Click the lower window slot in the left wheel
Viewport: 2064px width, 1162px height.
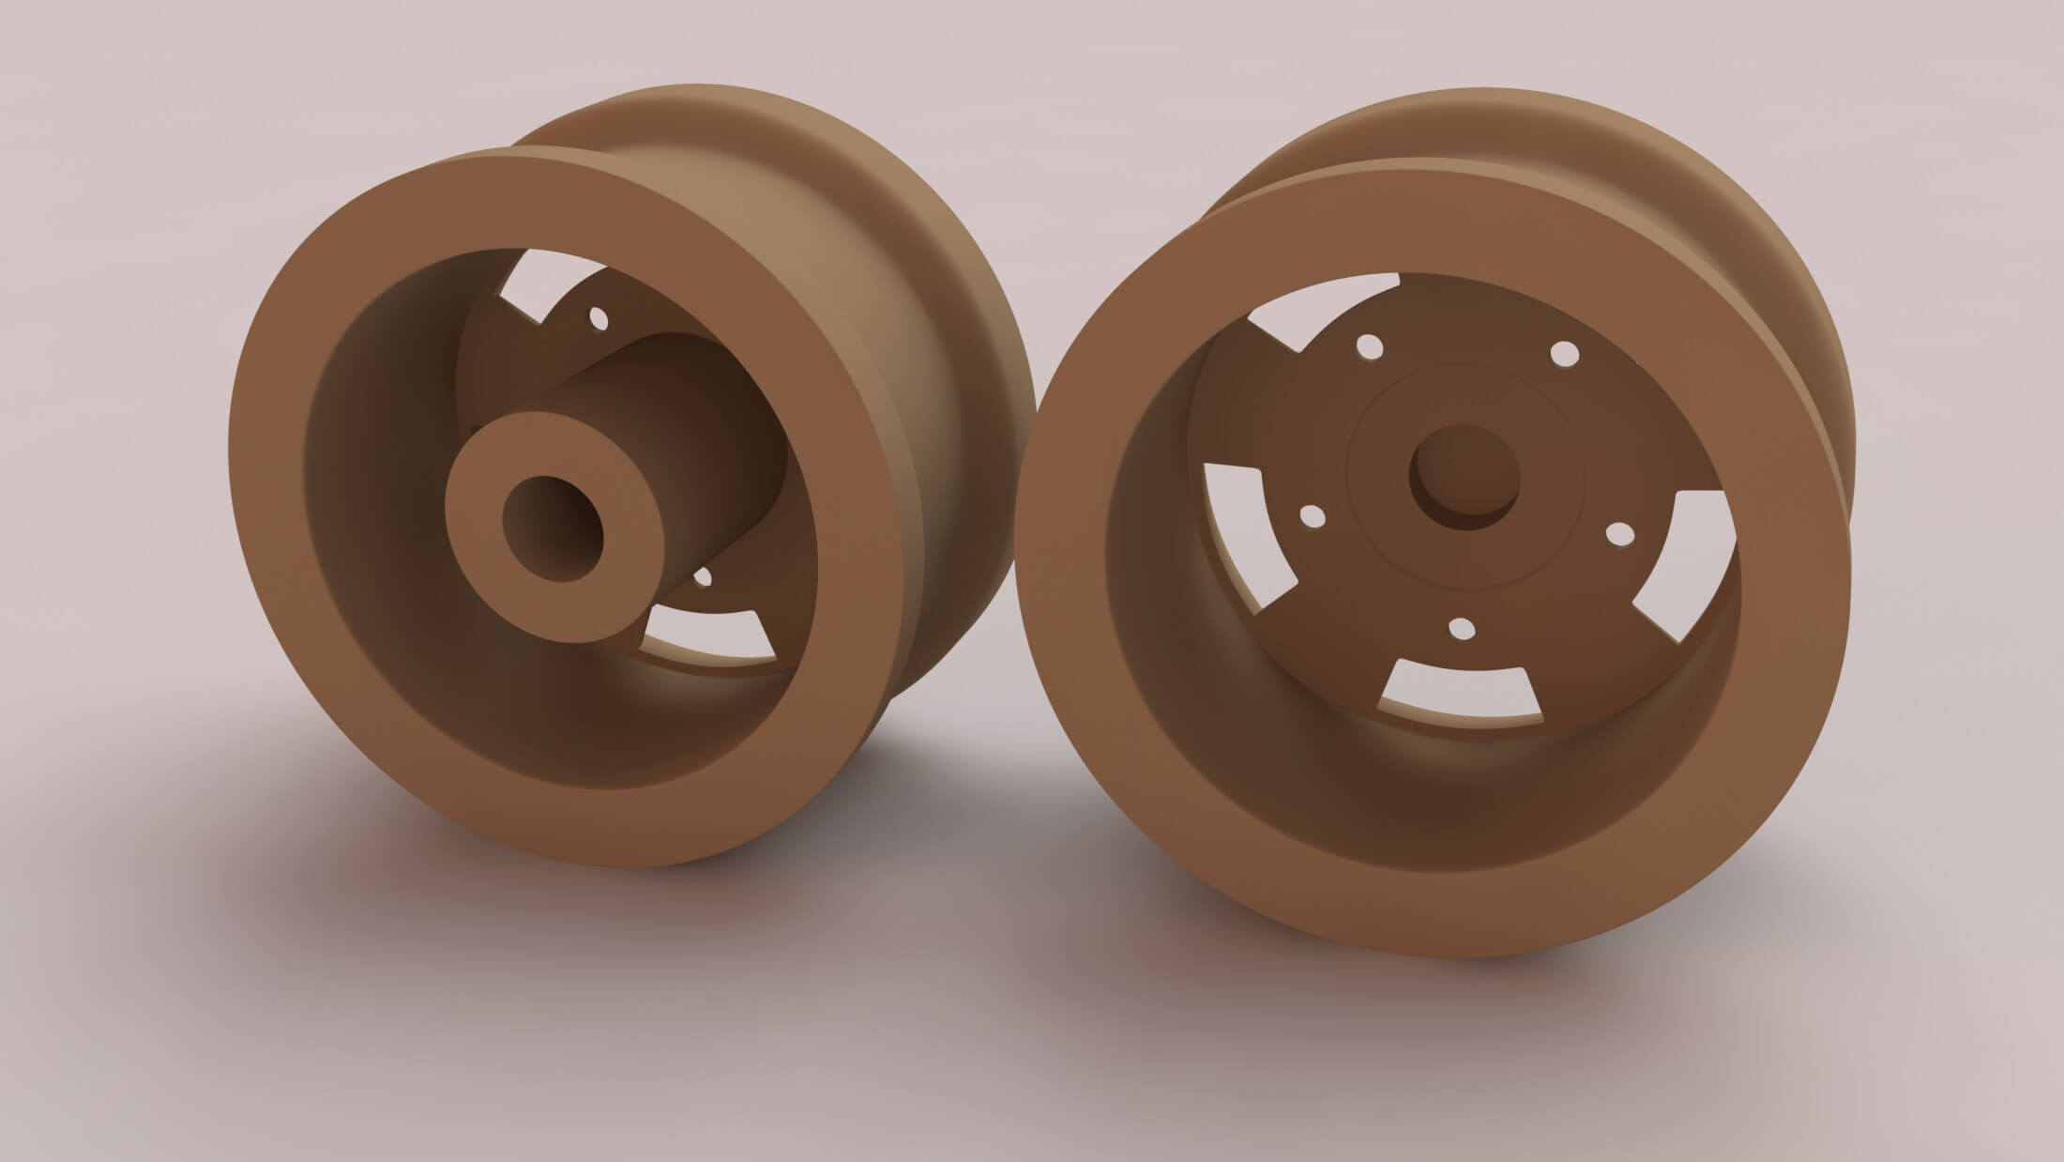click(x=713, y=637)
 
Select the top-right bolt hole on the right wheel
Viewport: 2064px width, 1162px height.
click(x=1564, y=355)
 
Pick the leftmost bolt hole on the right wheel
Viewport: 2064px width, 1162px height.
click(x=1313, y=515)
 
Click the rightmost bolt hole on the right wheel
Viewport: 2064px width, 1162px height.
click(x=1619, y=533)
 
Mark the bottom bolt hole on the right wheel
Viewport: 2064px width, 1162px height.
click(x=1461, y=629)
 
